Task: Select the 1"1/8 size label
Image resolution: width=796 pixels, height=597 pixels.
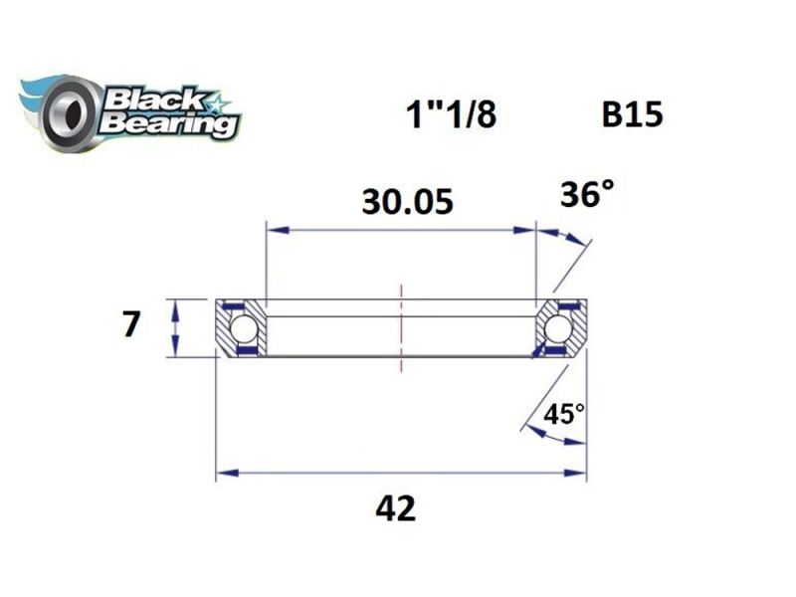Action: [451, 116]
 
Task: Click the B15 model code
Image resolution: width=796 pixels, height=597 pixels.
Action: [632, 115]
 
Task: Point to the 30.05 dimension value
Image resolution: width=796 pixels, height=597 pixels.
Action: [407, 202]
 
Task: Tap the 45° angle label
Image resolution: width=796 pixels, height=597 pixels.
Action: [563, 413]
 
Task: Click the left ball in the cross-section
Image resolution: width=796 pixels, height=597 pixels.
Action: [243, 327]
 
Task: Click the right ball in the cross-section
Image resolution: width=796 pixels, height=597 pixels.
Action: [558, 327]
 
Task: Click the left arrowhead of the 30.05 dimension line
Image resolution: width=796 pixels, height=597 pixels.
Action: [275, 231]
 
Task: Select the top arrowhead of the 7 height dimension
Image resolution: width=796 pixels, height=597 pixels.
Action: [175, 305]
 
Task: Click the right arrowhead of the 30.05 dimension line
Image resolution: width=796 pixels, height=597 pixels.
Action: [528, 231]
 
